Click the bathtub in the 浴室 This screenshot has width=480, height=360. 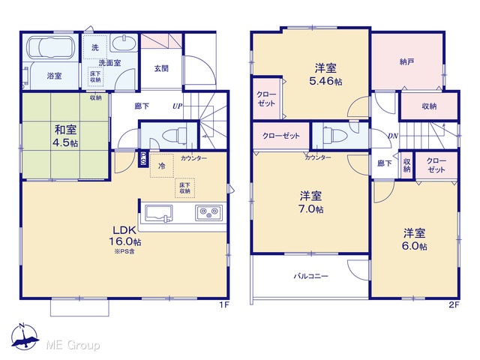click(x=51, y=47)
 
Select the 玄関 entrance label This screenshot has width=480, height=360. click(x=161, y=68)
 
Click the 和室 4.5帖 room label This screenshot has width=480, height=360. click(x=65, y=136)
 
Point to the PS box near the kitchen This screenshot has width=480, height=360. click(x=143, y=159)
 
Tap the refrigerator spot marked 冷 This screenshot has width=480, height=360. click(x=162, y=166)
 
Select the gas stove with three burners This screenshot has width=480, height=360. click(x=209, y=212)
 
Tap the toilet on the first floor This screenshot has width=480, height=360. click(x=174, y=135)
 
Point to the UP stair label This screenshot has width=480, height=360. click(x=178, y=106)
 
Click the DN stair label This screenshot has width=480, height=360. click(x=393, y=136)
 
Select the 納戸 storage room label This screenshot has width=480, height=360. click(x=406, y=61)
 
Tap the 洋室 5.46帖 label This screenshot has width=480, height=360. click(x=325, y=74)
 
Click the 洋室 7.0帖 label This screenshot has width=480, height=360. click(x=311, y=202)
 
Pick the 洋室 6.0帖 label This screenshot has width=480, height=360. click(x=415, y=239)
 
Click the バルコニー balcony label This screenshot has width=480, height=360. click(x=311, y=276)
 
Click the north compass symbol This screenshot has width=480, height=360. click(x=25, y=336)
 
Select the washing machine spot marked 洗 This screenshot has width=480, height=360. click(x=95, y=47)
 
